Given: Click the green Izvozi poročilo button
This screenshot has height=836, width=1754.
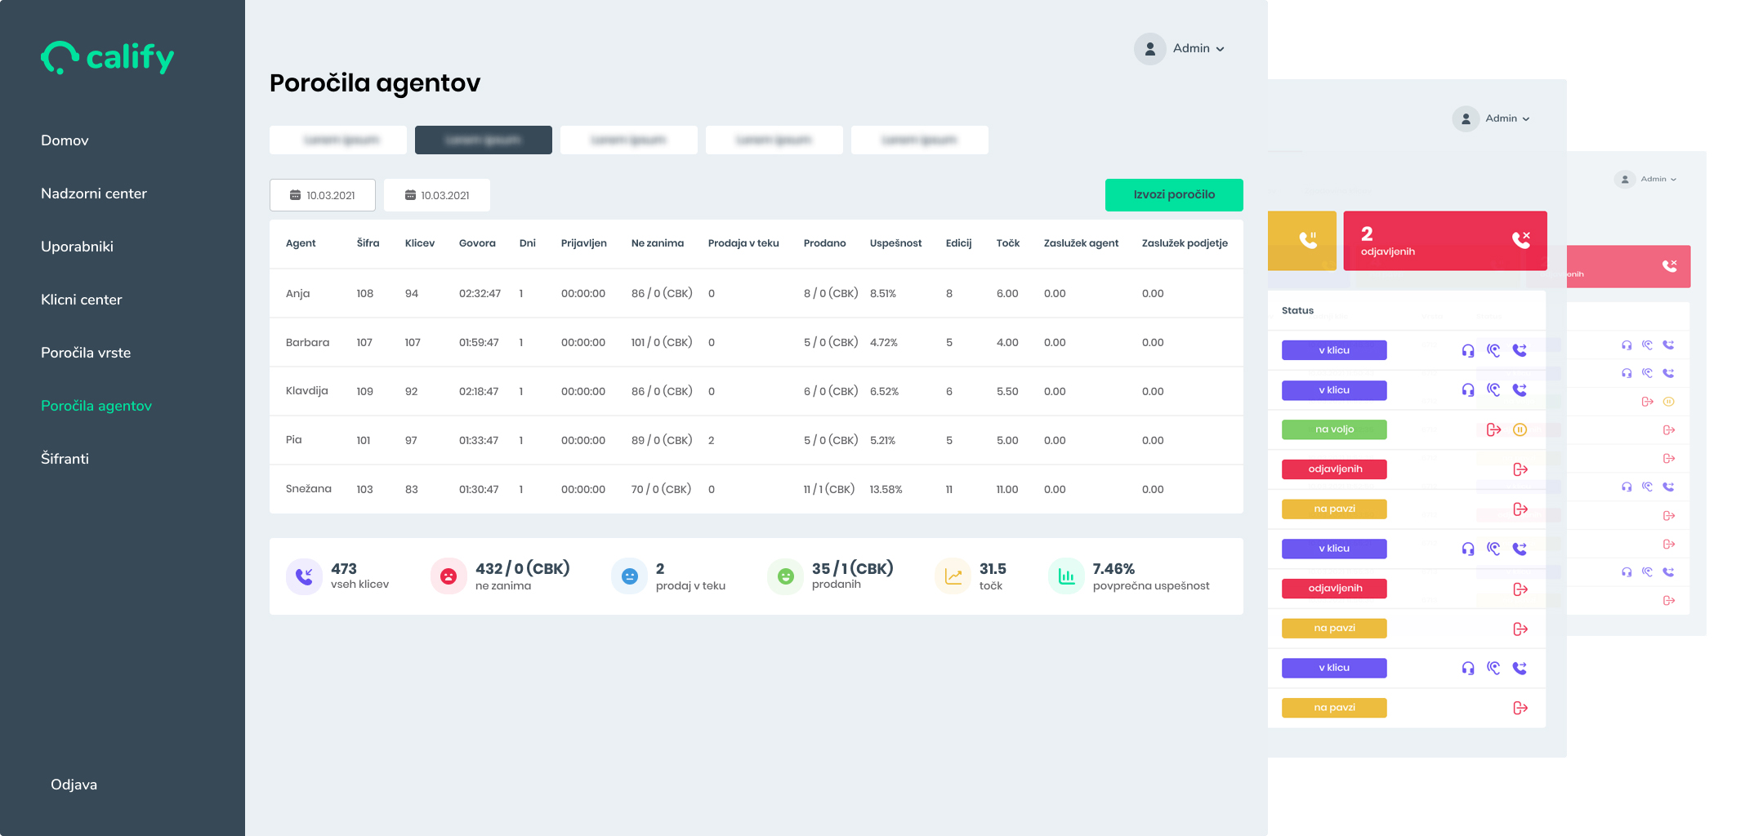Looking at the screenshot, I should (1173, 195).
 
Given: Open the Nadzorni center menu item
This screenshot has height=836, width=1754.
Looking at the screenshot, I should (94, 193).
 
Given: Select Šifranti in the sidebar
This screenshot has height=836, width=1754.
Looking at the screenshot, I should (65, 459).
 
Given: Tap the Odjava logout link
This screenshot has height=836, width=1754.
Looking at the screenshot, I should (74, 785).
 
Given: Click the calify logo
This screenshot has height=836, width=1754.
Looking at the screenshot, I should (108, 57).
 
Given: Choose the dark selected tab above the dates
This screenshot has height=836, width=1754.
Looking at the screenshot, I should (483, 140).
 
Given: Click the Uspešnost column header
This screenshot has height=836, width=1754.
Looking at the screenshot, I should (895, 243).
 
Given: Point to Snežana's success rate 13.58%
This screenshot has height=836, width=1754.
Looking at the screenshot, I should (886, 490).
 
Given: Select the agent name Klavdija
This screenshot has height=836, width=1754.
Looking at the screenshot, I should (306, 391).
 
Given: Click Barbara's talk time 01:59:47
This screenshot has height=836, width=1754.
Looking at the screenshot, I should (479, 343).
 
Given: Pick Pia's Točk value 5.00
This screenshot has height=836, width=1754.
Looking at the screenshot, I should (1007, 441).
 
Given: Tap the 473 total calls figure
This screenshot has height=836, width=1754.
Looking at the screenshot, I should (344, 569).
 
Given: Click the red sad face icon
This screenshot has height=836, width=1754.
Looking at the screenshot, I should (449, 576).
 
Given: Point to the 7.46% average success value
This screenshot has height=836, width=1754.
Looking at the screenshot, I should (1114, 569).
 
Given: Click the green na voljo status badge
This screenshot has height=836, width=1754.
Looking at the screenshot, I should (1334, 429).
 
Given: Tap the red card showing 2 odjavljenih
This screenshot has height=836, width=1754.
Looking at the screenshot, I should (1444, 241).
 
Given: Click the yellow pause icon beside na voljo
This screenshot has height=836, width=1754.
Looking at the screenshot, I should (1520, 430).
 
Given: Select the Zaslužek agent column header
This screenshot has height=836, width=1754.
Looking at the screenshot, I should (1081, 243).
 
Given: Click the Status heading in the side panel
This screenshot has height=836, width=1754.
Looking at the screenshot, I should (1297, 310).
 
